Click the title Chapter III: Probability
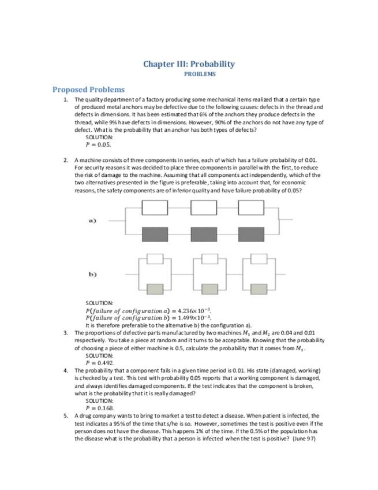(x=189, y=64)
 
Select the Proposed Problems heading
(x=88, y=90)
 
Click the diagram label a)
(x=92, y=220)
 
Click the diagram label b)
(x=92, y=274)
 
